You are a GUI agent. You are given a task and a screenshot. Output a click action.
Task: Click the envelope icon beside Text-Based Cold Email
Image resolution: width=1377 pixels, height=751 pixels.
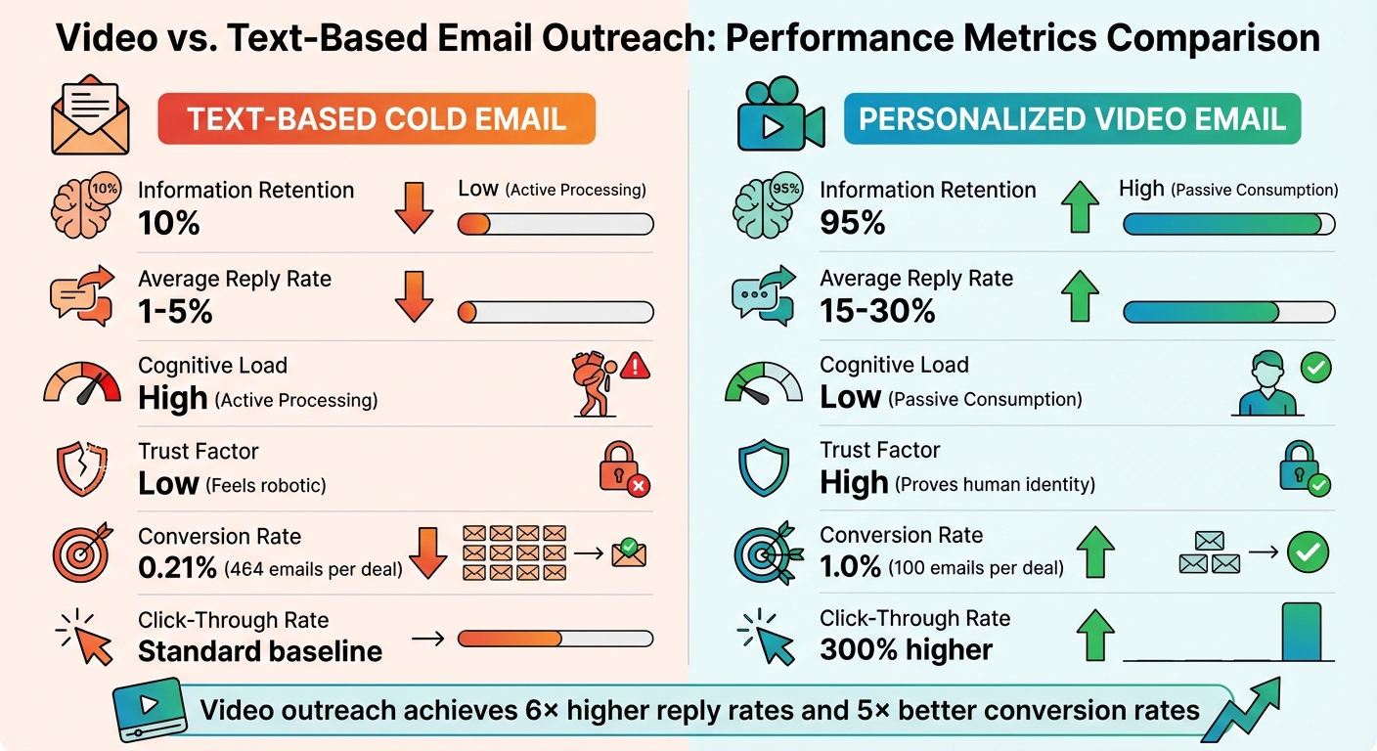pyautogui.click(x=91, y=116)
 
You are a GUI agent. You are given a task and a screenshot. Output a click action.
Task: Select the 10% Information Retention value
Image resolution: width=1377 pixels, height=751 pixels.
pyautogui.click(x=169, y=223)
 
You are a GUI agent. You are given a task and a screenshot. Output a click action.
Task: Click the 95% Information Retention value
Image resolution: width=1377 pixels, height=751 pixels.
pyautogui.click(x=852, y=223)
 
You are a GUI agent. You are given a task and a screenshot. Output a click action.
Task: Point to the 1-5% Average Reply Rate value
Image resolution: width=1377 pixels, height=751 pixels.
pyautogui.click(x=175, y=311)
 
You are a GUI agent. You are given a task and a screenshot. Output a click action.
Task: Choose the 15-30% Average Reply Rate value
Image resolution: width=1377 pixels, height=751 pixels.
pyautogui.click(x=877, y=311)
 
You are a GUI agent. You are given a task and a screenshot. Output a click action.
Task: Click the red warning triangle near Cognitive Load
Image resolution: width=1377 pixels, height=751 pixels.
pyautogui.click(x=636, y=367)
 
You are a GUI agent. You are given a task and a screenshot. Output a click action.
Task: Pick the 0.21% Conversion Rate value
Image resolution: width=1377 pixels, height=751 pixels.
pyautogui.click(x=179, y=567)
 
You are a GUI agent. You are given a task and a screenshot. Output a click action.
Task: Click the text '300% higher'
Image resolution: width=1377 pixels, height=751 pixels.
pyautogui.click(x=907, y=650)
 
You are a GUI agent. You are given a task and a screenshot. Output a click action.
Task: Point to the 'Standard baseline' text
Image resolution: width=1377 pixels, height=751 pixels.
pyautogui.click(x=259, y=651)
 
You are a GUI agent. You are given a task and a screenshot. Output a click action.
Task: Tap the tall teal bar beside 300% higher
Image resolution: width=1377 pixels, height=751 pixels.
pyautogui.click(x=1301, y=632)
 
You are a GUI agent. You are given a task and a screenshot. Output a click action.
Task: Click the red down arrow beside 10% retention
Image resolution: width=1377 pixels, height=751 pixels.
pyautogui.click(x=414, y=207)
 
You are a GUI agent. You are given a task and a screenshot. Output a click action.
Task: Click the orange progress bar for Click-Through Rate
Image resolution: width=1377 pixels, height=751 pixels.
pyautogui.click(x=510, y=639)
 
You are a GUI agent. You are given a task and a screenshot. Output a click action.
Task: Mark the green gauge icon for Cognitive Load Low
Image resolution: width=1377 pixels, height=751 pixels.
pyautogui.click(x=763, y=382)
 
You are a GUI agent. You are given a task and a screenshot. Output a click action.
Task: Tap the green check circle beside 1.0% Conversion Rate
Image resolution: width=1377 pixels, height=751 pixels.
pyautogui.click(x=1307, y=552)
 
